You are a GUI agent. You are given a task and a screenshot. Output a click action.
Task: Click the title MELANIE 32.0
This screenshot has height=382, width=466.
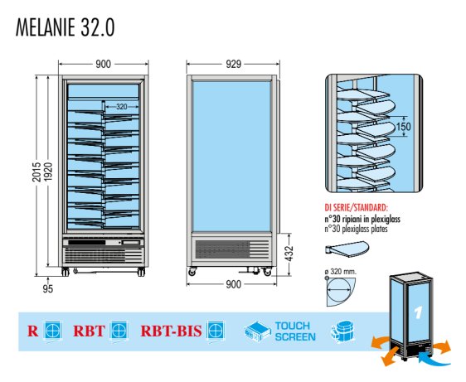click(65, 27)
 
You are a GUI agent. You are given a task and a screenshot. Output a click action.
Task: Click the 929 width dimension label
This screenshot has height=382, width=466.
click(233, 64)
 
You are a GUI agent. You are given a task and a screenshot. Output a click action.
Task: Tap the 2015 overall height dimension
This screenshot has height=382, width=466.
click(36, 172)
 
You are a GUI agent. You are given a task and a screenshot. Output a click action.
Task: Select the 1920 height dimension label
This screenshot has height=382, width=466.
click(48, 172)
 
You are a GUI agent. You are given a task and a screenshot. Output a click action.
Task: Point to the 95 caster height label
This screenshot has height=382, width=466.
click(48, 288)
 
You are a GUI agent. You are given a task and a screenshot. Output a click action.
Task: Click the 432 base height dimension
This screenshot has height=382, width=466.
click(289, 253)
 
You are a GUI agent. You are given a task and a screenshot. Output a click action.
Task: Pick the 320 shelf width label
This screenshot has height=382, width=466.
click(122, 106)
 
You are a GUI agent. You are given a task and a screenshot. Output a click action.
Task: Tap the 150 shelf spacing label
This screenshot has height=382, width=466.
click(404, 127)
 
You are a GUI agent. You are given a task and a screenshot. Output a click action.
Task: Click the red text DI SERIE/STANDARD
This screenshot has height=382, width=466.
click(356, 207)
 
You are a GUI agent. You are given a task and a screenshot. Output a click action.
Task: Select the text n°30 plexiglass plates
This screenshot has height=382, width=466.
click(356, 229)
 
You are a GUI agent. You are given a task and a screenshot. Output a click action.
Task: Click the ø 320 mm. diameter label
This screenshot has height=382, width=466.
click(341, 272)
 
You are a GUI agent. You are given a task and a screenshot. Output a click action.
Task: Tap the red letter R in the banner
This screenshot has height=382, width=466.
click(33, 331)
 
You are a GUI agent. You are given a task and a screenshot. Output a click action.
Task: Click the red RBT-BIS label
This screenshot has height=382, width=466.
click(171, 331)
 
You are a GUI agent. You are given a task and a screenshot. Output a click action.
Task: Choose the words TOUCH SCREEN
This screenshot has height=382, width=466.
click(295, 331)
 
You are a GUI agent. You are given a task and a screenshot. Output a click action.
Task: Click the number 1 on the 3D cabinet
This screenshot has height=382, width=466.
click(418, 312)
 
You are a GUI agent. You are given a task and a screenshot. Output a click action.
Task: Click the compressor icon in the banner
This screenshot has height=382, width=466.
click(342, 331)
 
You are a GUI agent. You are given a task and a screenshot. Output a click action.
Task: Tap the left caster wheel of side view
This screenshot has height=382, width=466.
click(192, 271)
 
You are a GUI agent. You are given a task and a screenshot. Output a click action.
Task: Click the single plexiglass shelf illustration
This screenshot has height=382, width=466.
click(347, 249)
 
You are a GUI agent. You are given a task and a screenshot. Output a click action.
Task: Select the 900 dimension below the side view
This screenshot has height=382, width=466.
click(233, 284)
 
